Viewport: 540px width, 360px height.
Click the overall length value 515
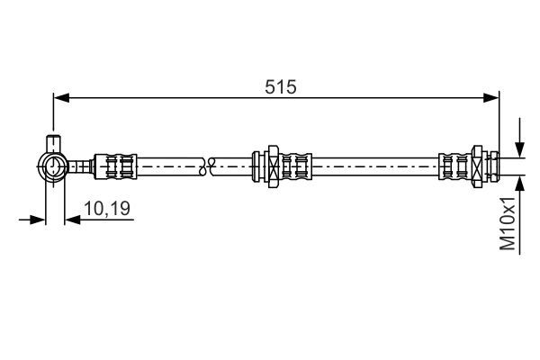[280, 86]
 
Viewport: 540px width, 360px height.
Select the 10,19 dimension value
[107, 210]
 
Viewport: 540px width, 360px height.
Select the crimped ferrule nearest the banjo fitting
[118, 165]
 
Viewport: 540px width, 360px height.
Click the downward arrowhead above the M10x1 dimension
[519, 151]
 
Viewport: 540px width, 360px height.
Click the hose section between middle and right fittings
[378, 165]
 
